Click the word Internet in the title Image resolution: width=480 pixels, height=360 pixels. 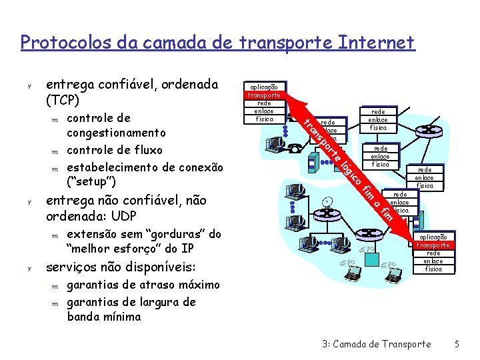click(x=377, y=43)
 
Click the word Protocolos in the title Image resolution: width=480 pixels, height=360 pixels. click(x=59, y=43)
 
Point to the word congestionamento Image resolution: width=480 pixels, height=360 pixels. click(x=117, y=133)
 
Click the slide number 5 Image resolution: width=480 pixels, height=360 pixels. click(x=457, y=344)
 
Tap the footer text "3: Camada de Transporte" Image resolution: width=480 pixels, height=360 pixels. click(x=376, y=344)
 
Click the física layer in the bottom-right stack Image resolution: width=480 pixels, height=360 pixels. click(x=433, y=269)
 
